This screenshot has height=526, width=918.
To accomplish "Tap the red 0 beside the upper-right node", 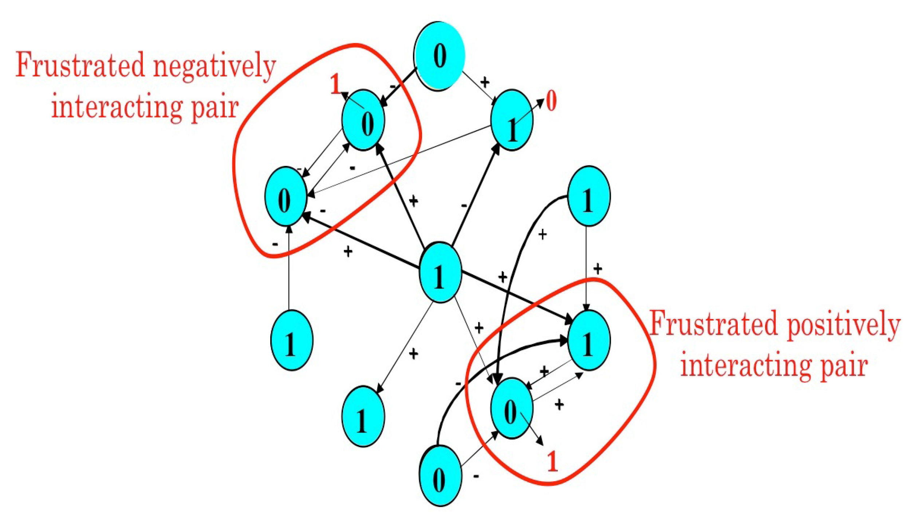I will pos(551,101).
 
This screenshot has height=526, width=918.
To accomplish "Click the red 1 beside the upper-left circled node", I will pos(335,85).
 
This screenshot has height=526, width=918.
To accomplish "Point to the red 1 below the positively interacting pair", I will pos(552,462).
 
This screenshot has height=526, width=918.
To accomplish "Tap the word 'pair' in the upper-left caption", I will pos(214,108).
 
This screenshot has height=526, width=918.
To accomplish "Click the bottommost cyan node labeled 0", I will pos(440,476).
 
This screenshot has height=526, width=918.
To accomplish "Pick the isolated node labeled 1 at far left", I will pos(291,340).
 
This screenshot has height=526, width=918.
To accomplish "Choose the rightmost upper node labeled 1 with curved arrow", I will pos(588,196).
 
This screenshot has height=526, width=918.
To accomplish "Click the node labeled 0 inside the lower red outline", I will pos(511,409).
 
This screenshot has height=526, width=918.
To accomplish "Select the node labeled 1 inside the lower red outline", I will pos(588,340).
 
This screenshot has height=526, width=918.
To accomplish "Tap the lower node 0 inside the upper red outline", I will pos(285,197).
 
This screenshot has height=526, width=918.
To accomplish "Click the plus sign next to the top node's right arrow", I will pos(485,82).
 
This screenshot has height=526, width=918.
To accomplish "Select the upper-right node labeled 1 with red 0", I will pos(512,120).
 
